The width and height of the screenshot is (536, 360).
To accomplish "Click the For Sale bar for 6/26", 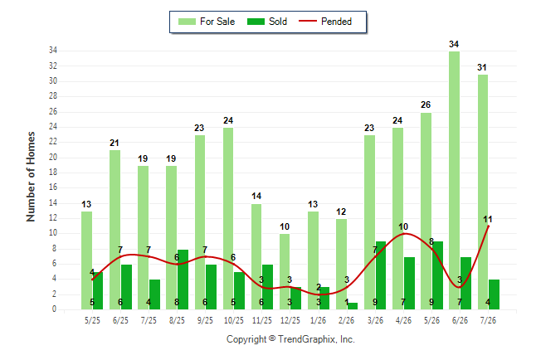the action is (x=455, y=181).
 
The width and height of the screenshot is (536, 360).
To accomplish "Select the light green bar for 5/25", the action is (x=86, y=260).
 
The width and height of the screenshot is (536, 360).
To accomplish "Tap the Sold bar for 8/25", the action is (x=183, y=280).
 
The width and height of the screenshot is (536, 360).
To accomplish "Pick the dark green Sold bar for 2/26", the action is (x=353, y=306).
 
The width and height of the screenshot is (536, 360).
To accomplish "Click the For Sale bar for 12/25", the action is (x=285, y=272).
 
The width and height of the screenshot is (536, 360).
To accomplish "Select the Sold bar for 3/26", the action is (x=381, y=275).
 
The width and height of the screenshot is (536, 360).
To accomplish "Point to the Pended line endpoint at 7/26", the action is (x=488, y=226).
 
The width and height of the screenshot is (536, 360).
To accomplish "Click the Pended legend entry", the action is (x=325, y=22).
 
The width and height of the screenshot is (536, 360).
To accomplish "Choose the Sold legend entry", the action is (x=267, y=22).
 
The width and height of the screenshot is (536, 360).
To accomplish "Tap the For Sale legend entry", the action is (x=207, y=22).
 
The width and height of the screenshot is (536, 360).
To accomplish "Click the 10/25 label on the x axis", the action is (x=234, y=320).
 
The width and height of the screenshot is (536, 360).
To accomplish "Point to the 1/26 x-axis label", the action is (x=319, y=320).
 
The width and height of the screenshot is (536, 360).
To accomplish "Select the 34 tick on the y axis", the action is (x=53, y=51).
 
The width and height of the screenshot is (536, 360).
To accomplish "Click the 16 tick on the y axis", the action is (x=53, y=187).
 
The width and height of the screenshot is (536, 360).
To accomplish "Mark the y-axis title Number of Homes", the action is (x=31, y=177).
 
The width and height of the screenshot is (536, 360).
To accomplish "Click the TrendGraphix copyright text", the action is (x=290, y=339).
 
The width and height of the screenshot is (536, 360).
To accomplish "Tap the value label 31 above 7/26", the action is (x=482, y=67).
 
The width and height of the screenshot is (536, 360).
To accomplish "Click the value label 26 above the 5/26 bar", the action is (x=426, y=105).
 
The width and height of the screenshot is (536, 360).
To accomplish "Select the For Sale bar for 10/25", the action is (x=228, y=219).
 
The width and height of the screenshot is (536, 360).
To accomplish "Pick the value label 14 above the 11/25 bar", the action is (x=256, y=196).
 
